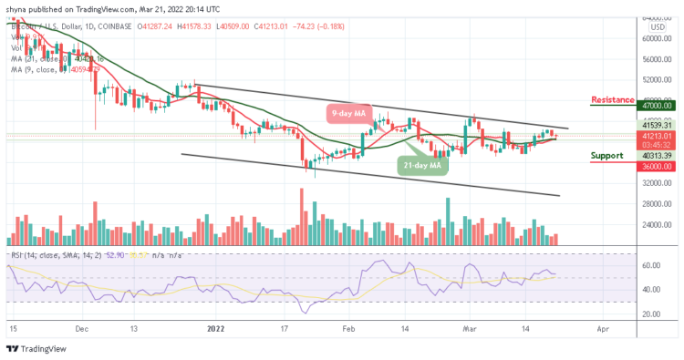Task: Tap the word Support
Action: pyautogui.click(x=606, y=155)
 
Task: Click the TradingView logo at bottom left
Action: pyautogui.click(x=34, y=348)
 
